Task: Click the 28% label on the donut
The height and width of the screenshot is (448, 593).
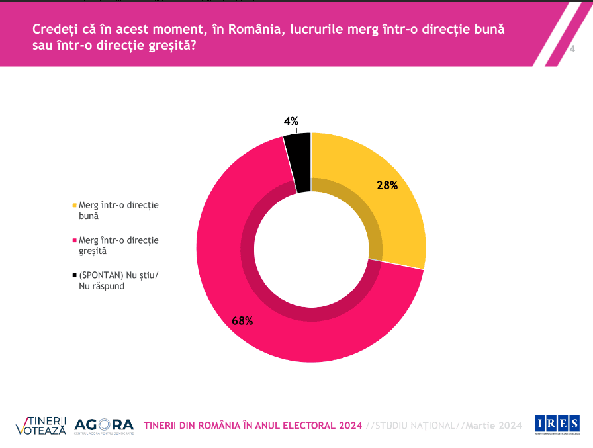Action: point(387,186)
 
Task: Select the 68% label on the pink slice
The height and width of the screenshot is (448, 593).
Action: point(242,321)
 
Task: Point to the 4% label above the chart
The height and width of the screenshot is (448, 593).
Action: point(291,121)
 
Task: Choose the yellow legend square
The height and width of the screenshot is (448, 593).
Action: point(73,205)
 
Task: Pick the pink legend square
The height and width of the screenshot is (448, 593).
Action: point(73,240)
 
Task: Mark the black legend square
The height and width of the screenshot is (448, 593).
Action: point(73,276)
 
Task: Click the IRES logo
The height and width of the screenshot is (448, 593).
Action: point(557,424)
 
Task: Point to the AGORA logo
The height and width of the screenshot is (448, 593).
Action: point(104,426)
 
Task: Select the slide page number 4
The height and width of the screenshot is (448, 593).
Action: point(572,50)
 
